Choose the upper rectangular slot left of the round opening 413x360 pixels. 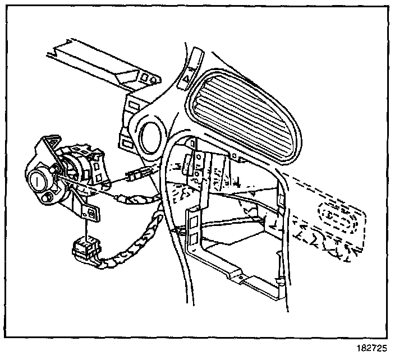[134, 104]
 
